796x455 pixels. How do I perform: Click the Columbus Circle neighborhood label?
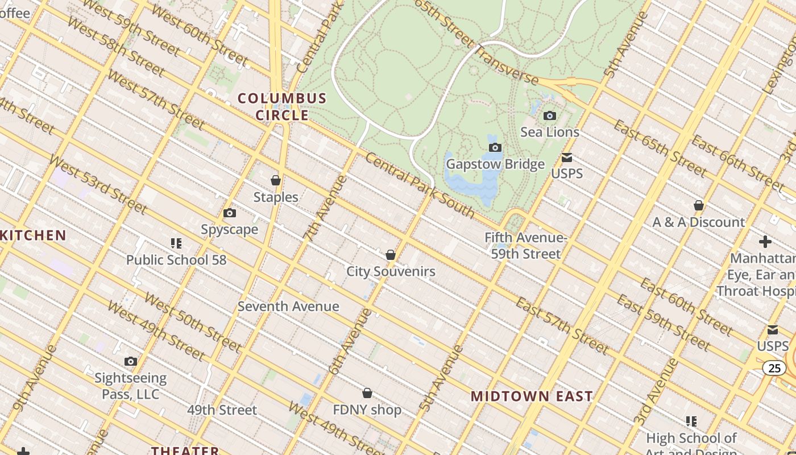pos(282,106)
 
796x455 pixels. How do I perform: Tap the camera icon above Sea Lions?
pos(549,116)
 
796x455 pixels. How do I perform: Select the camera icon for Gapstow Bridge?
pos(495,148)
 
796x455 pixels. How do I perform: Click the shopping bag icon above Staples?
pos(276,180)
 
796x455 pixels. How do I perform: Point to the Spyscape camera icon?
pos(230,213)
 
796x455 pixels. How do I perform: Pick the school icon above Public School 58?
pos(176,243)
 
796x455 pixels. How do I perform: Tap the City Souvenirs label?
pos(391,271)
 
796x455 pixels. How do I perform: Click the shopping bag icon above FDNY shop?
pos(367,393)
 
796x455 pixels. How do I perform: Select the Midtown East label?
pos(532,396)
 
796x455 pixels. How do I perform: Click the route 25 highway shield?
pos(774,368)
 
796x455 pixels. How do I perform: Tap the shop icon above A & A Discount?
pos(699,205)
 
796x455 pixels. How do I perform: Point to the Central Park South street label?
pos(420,186)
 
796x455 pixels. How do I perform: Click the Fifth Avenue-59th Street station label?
pos(526,246)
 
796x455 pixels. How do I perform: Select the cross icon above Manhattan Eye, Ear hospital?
pos(765,242)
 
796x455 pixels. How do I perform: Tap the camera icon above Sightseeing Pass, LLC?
pos(131,361)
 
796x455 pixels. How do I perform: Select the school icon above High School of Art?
pos(691,421)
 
